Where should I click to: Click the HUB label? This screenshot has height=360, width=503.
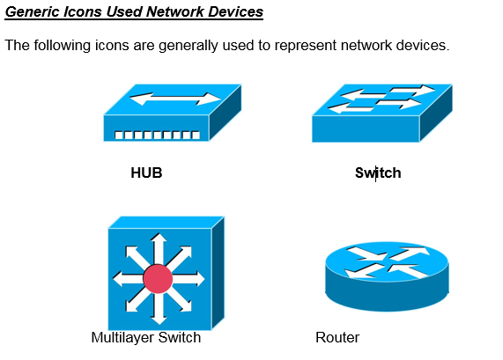pos(146,173)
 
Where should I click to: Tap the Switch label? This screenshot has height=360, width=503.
pos(378,173)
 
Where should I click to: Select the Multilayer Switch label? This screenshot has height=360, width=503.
pos(146,338)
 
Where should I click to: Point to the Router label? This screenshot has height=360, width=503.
pos(337,338)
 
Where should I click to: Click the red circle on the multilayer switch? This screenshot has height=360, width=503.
pos(158,278)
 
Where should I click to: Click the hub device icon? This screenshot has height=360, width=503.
pos(172,114)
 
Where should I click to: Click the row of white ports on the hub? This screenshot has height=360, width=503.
pos(158,136)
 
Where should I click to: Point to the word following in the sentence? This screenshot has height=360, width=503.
pos(62,45)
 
